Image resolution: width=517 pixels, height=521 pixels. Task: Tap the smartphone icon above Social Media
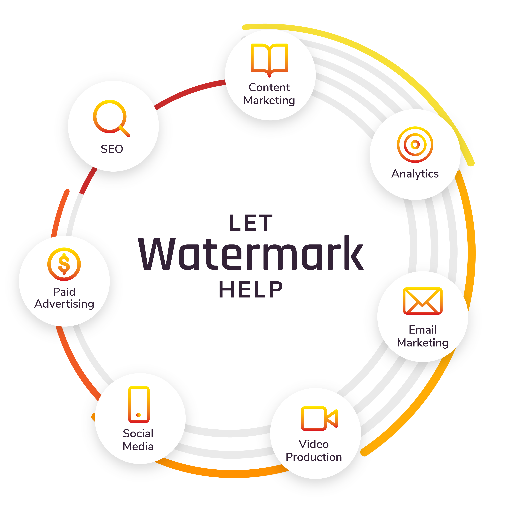click(139, 404)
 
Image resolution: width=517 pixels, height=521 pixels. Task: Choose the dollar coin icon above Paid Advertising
click(64, 264)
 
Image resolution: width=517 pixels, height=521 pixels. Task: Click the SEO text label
click(112, 149)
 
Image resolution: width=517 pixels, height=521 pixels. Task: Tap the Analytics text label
click(415, 174)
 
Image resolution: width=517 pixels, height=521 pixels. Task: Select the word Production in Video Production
click(314, 457)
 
